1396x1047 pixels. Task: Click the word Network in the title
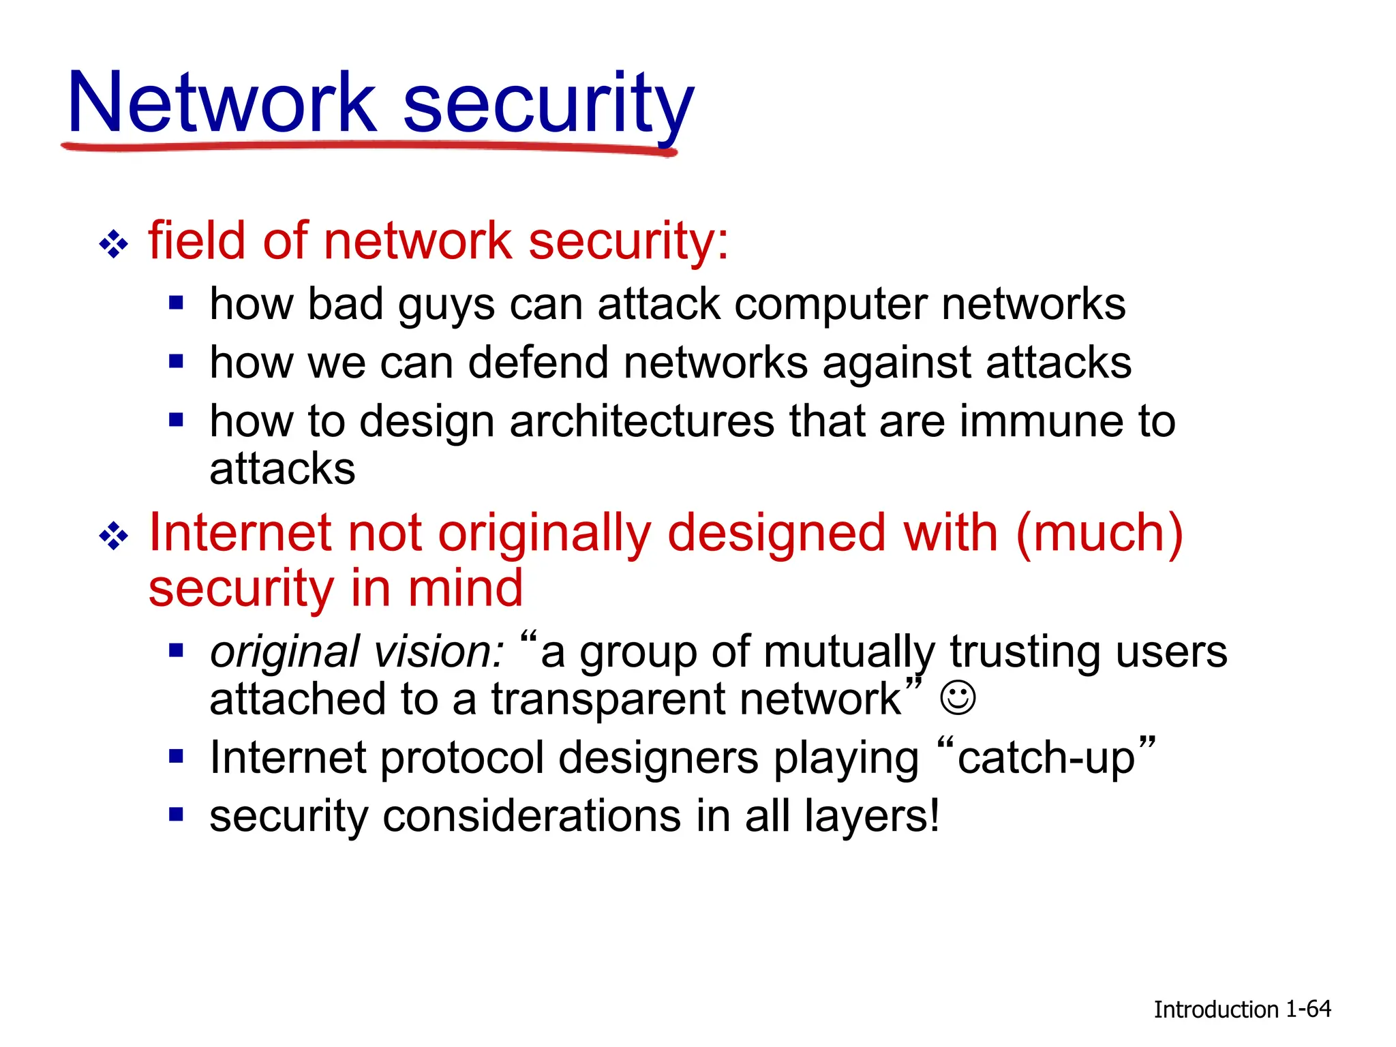[x=222, y=104]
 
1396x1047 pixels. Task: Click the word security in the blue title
[x=548, y=104]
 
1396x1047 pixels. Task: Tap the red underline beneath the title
[x=368, y=147]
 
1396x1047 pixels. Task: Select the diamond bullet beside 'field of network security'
[x=113, y=244]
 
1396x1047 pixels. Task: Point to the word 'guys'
[x=446, y=305]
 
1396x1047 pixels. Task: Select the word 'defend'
[x=538, y=363]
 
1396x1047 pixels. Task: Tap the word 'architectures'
[x=642, y=421]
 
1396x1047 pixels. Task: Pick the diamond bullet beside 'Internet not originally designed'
[x=113, y=536]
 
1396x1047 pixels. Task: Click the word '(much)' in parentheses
[x=1099, y=534]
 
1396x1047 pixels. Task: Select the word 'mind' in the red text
[x=466, y=588]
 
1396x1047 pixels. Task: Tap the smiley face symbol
[x=958, y=698]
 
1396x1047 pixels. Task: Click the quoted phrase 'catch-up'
[x=1046, y=757]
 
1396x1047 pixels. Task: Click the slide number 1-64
[x=1308, y=1009]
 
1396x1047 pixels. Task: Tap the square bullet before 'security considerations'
[x=177, y=814]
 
